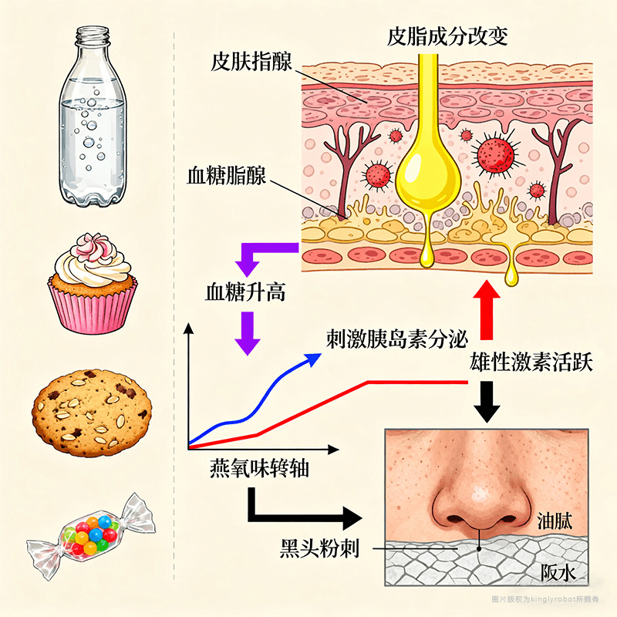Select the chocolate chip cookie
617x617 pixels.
(x=90, y=410)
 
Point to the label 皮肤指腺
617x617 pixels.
(x=251, y=62)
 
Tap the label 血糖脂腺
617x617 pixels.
(x=226, y=175)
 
